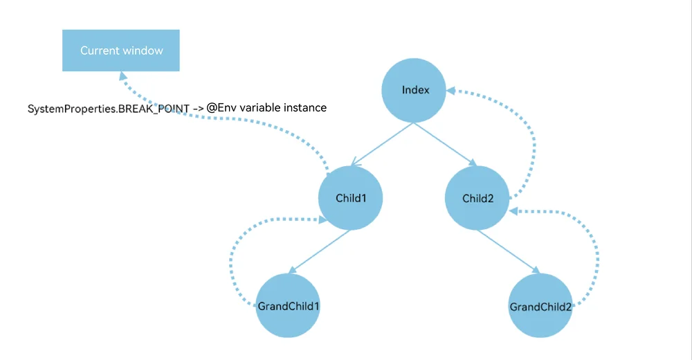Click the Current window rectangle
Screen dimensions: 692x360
pyautogui.click(x=121, y=51)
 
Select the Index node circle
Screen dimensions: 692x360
pyautogui.click(x=414, y=90)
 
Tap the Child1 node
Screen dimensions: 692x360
pyautogui.click(x=350, y=198)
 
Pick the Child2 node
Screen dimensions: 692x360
pyautogui.click(x=477, y=198)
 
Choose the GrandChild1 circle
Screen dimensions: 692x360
pyautogui.click(x=288, y=306)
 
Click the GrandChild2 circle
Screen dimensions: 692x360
pyautogui.click(x=540, y=306)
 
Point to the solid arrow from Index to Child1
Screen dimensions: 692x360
pyautogui.click(x=382, y=145)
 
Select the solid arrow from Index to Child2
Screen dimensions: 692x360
pyautogui.click(x=445, y=145)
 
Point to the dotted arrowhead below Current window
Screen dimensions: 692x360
pyautogui.click(x=123, y=76)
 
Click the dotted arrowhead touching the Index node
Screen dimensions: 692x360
pyautogui.click(x=451, y=91)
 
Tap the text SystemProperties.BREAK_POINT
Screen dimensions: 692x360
pyautogui.click(x=109, y=109)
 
